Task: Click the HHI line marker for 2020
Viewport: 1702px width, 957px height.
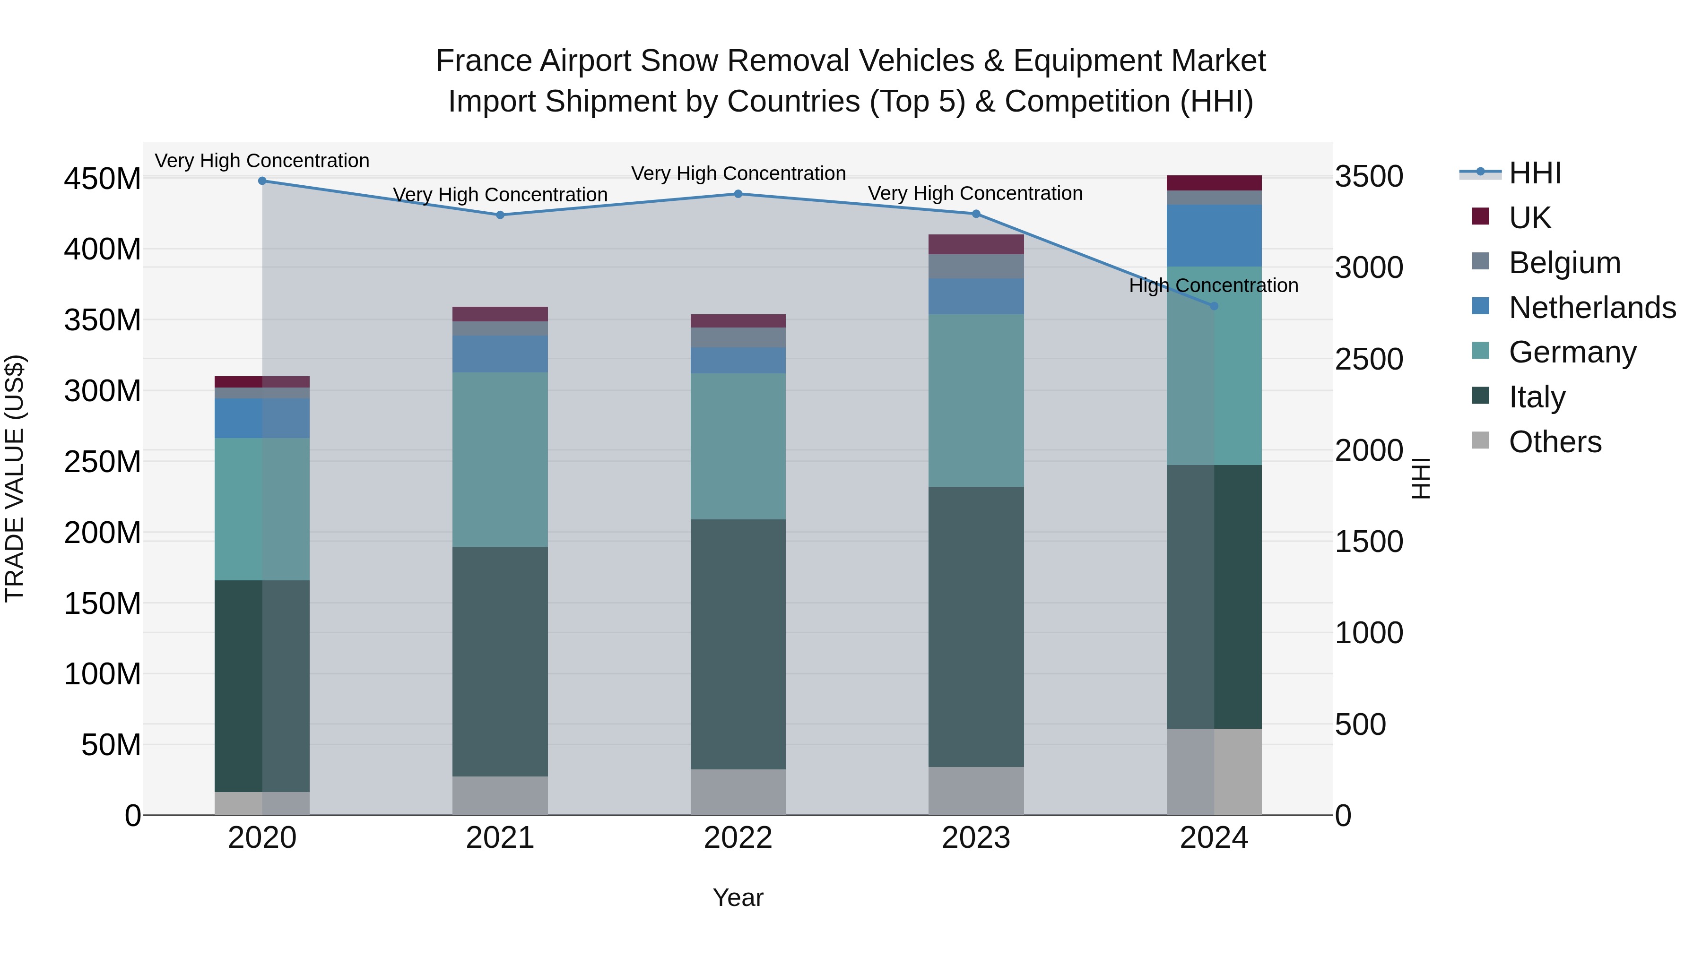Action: (x=262, y=181)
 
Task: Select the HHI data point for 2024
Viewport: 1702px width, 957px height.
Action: (x=1214, y=306)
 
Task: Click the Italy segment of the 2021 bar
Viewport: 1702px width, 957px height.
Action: (x=500, y=661)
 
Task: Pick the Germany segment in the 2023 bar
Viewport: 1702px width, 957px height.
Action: (x=976, y=400)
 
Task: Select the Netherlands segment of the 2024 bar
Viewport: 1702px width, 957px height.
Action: (x=1214, y=236)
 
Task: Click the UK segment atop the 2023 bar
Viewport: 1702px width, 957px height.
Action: (x=976, y=244)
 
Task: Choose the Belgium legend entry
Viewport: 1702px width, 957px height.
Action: (x=1564, y=263)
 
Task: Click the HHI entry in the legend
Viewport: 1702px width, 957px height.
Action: (x=1535, y=173)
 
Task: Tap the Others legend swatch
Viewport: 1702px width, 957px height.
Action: (x=1481, y=440)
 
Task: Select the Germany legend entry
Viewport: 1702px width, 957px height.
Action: (x=1572, y=352)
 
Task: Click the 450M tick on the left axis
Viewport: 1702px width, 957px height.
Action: (x=103, y=179)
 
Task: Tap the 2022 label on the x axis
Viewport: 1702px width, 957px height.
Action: (x=738, y=838)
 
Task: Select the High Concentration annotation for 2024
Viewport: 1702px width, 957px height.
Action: (x=1213, y=286)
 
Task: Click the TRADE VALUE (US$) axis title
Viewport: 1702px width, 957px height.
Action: (x=15, y=478)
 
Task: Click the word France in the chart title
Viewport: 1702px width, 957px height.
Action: (x=484, y=61)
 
